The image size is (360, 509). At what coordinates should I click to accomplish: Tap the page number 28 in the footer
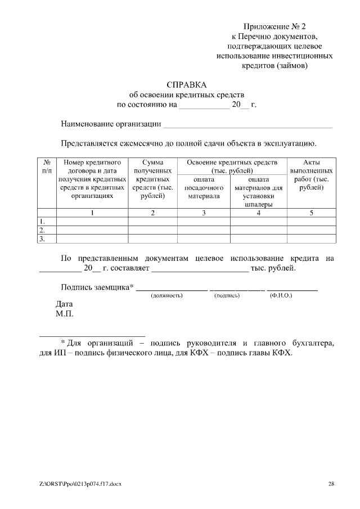click(331, 484)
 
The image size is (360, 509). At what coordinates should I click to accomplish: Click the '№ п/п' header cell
click(47, 166)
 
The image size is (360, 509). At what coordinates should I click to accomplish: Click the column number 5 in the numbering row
click(312, 213)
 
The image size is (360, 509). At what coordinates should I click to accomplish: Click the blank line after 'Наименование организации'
click(247, 125)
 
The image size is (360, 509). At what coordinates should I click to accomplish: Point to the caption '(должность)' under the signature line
click(168, 295)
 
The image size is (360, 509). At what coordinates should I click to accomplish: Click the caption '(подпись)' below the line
click(227, 295)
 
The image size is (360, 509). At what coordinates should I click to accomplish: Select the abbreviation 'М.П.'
click(65, 313)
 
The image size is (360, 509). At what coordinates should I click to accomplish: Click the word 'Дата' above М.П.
click(65, 304)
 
